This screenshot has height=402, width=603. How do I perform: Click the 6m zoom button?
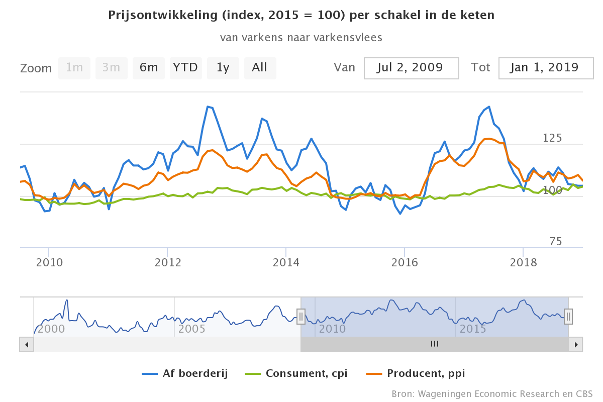149,68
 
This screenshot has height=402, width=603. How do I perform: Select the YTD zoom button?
185,68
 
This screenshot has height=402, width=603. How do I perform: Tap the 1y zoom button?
223,68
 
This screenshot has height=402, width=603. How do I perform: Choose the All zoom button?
260,68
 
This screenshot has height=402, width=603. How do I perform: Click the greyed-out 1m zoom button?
74,68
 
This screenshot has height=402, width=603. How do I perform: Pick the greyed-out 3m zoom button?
111,68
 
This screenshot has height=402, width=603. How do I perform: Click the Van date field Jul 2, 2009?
411,68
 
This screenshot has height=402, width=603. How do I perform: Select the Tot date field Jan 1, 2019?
546,68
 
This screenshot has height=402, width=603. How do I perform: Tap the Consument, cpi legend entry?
296,373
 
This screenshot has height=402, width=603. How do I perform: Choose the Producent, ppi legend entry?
416,373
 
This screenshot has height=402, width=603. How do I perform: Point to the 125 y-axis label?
552,138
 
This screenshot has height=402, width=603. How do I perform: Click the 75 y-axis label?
555,242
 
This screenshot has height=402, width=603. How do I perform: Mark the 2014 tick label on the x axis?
285,262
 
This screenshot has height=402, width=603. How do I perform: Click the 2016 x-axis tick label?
405,262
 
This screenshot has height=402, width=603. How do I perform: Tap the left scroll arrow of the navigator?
26,344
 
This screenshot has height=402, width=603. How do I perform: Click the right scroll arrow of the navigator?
576,344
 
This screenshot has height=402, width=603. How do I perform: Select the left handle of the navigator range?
300,316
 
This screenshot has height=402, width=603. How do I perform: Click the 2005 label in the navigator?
192,329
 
